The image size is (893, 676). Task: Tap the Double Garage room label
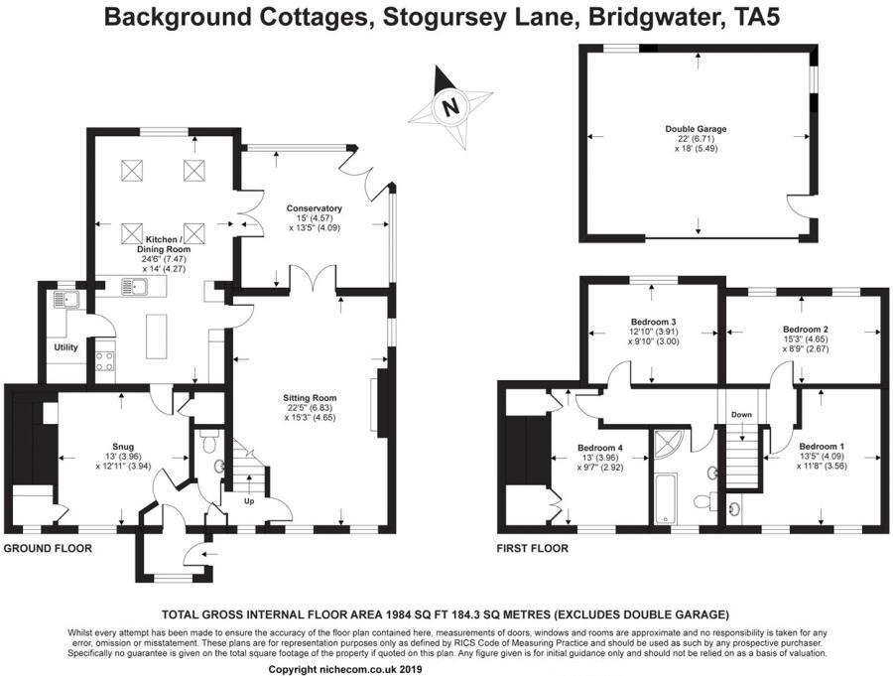[x=697, y=129]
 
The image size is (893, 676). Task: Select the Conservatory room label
[x=315, y=208]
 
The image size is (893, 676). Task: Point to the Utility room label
[x=65, y=347]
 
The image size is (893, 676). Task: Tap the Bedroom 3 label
[x=653, y=322]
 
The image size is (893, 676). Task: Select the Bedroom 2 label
[x=805, y=329]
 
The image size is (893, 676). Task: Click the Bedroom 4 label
[x=599, y=447]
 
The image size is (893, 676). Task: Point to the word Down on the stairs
[x=741, y=414]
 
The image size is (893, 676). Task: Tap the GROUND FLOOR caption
[x=48, y=548]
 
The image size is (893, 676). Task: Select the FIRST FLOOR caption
[x=533, y=548]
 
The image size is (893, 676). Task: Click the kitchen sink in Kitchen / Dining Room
[x=135, y=289]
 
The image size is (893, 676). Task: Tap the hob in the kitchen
[x=104, y=360]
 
